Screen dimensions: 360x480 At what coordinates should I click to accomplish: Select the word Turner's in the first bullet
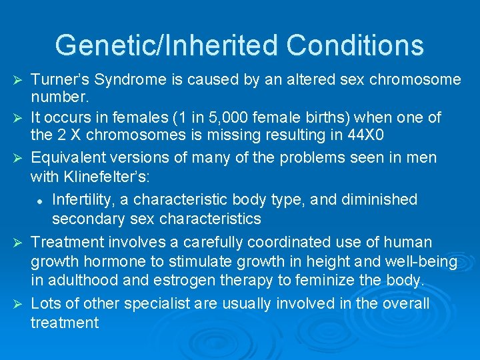click(59, 80)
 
